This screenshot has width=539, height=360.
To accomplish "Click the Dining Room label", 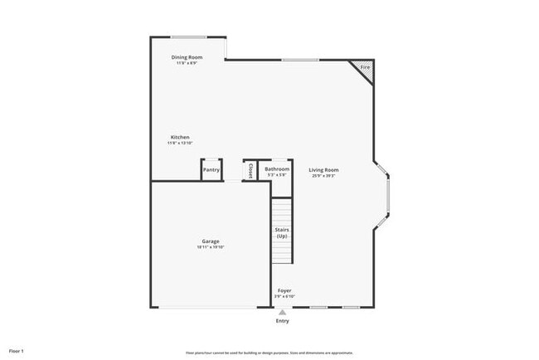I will tap(187, 57).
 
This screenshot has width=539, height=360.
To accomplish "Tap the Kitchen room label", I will tap(180, 137).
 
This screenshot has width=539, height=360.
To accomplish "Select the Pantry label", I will tap(211, 170).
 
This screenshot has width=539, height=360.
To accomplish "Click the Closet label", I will tap(250, 170).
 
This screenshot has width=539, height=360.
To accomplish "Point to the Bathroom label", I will tap(277, 169).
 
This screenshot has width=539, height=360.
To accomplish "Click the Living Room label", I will tap(324, 170).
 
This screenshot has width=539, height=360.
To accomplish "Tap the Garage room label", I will tap(211, 241).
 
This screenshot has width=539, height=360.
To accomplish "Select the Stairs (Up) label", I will tap(282, 234).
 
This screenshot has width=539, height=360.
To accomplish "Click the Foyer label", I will tap(284, 290).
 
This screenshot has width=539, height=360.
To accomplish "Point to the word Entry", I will tap(283, 321).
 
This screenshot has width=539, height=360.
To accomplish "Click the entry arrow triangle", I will tap(283, 312).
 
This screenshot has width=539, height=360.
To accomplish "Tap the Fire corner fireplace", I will tap(364, 68).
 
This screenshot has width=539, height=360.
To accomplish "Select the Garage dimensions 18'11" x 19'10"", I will tap(211, 247).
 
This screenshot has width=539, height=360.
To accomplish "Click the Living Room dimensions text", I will tap(324, 176).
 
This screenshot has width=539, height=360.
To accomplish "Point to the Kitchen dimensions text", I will tap(180, 143).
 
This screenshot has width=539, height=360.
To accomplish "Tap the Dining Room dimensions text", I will tap(187, 63).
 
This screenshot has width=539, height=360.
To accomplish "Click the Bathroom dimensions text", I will tap(277, 175).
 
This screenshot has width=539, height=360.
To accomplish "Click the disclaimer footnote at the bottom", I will tap(269, 352).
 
